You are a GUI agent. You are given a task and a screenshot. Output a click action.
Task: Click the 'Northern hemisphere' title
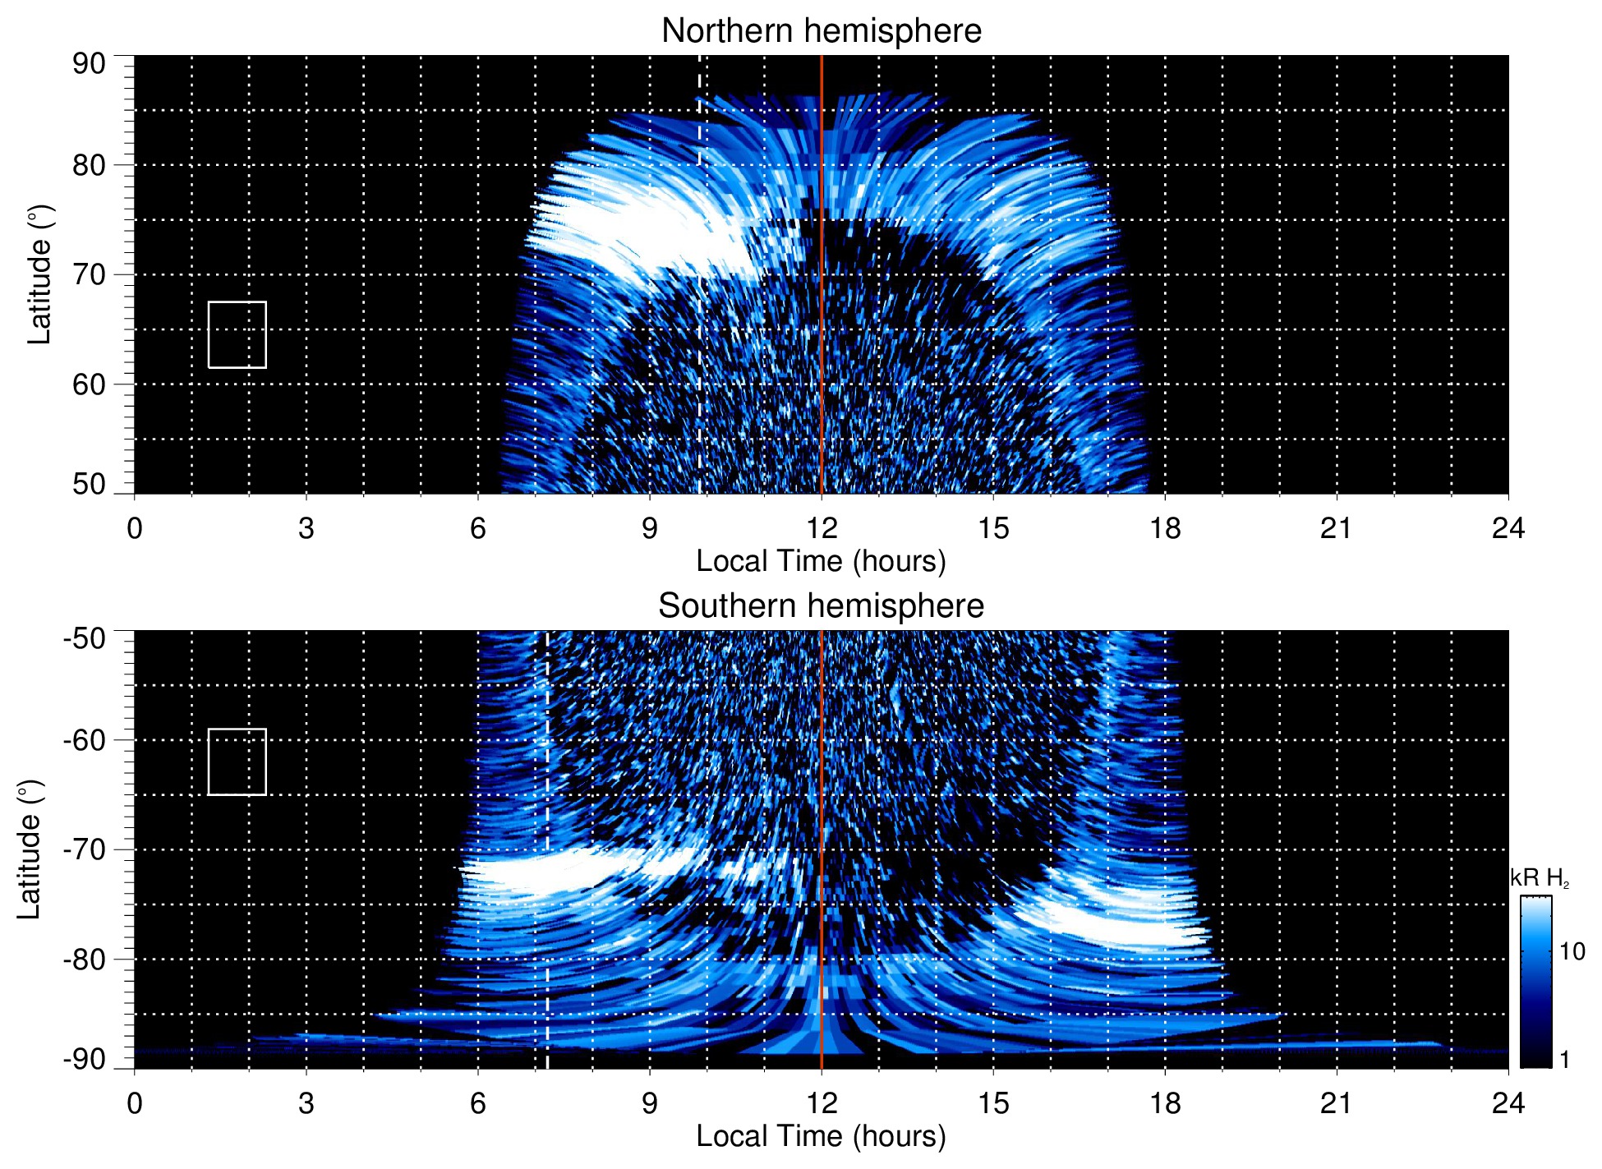pos(821,31)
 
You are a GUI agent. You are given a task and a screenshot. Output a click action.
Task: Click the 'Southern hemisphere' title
pos(821,606)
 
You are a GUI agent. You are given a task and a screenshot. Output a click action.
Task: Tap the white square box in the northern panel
pos(237,334)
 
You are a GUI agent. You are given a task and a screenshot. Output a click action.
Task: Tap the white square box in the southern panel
pos(237,762)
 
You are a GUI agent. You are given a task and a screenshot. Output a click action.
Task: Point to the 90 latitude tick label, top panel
pos(89,64)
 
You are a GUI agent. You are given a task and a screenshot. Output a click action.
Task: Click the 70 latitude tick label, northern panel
pos(89,274)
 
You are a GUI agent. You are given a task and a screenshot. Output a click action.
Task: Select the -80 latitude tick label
pos(85,959)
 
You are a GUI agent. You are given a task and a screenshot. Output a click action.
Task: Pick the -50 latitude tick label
pos(85,638)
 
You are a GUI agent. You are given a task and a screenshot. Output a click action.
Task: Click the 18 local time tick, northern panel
pos(1165,528)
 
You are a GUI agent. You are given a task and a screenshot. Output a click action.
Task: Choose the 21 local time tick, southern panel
pos(1337,1103)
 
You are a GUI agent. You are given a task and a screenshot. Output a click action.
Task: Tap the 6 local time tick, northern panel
pos(478,528)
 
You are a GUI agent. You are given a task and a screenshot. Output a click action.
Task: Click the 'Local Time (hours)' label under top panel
pos(821,561)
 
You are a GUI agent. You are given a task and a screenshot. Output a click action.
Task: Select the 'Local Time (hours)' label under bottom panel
pos(821,1136)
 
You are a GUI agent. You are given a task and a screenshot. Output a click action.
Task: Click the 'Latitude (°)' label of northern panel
pos(39,274)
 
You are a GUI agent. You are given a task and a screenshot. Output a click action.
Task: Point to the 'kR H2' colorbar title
pos(1540,878)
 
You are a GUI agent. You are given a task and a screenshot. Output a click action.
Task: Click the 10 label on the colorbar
pos(1572,951)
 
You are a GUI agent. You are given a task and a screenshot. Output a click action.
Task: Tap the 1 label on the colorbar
pos(1564,1060)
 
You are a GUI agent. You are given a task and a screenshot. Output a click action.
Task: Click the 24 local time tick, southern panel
pos(1508,1103)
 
